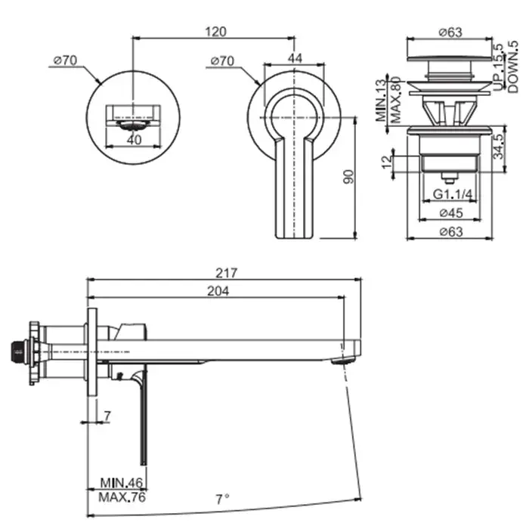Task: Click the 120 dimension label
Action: tap(215, 32)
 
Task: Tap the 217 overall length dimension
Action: tap(227, 273)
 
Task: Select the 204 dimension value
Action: tap(218, 291)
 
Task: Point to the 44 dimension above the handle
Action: tap(295, 58)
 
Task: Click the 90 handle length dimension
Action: tap(349, 177)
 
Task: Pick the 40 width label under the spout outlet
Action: tap(134, 139)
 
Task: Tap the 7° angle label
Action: tap(223, 499)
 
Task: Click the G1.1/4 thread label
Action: tap(453, 194)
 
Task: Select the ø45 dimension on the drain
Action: tap(451, 213)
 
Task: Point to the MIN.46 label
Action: tap(122, 483)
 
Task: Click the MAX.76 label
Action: tap(122, 497)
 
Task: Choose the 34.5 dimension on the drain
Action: tap(498, 146)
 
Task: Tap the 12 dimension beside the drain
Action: tap(387, 162)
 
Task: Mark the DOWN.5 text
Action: tap(513, 67)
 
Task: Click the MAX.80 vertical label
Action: tap(395, 101)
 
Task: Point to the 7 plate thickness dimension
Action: tap(107, 416)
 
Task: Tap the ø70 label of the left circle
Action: tap(65, 60)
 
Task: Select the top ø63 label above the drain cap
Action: tap(450, 32)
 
